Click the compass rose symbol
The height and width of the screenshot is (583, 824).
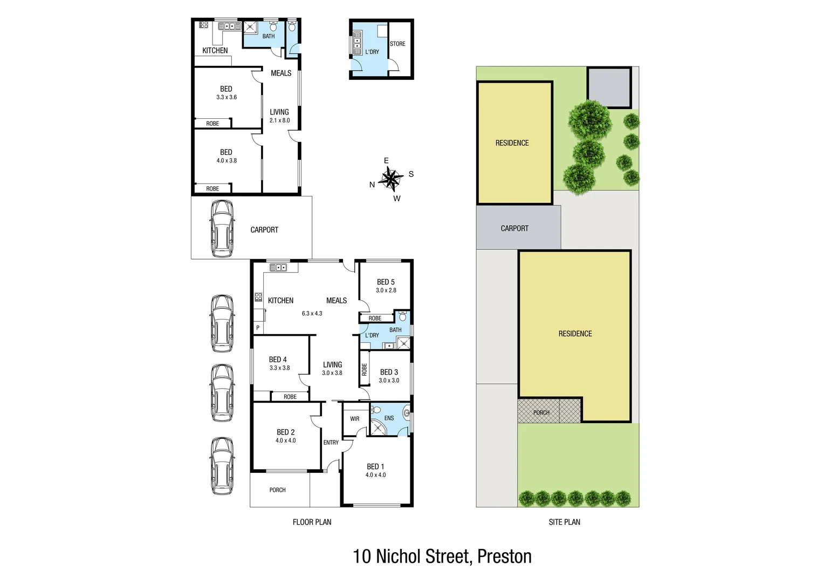click(x=392, y=179)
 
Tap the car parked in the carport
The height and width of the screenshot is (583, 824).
click(x=222, y=229)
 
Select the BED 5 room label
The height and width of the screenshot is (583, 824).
click(x=386, y=282)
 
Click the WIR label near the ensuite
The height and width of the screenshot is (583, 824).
click(x=354, y=419)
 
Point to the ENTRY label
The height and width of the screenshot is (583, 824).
click(x=331, y=443)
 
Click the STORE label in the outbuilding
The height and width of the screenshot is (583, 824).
click(x=397, y=44)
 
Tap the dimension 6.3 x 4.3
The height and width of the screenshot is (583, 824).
click(x=312, y=314)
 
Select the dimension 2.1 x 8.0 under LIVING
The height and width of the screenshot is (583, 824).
click(x=279, y=120)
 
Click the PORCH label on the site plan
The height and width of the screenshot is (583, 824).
click(x=541, y=413)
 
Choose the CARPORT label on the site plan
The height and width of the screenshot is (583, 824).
click(x=514, y=228)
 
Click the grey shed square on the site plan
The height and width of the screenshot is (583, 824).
click(x=609, y=87)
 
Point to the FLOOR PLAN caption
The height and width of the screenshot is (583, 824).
click(x=312, y=522)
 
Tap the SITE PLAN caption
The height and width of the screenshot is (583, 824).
click(x=564, y=522)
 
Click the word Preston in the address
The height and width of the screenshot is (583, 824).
click(x=504, y=557)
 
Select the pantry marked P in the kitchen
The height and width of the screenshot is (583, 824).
click(x=258, y=328)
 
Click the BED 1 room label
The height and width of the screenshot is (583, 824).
click(x=375, y=466)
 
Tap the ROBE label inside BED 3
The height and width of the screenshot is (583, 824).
click(x=365, y=369)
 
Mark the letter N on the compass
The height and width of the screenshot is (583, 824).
click(x=372, y=185)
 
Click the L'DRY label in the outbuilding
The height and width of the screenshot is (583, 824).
click(x=372, y=52)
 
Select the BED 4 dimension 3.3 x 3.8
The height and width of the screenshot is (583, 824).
click(x=279, y=368)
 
